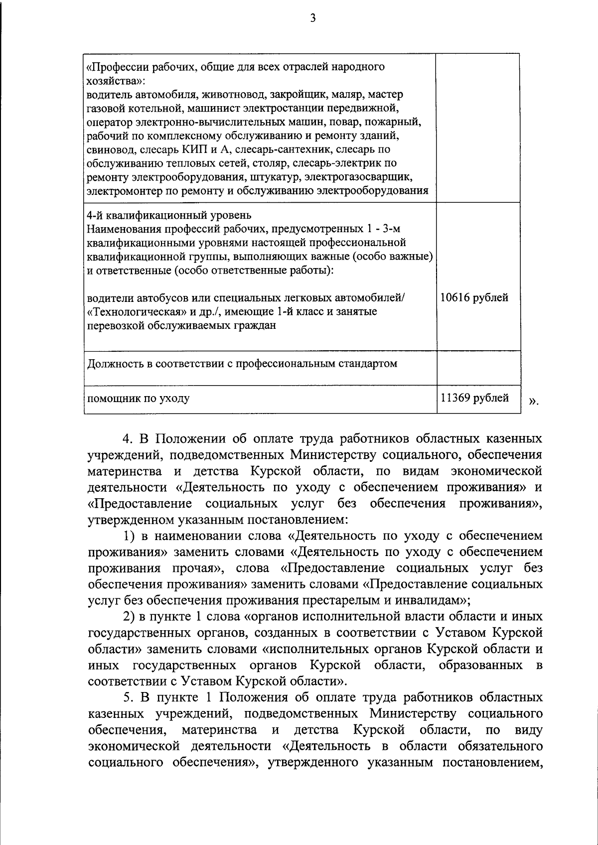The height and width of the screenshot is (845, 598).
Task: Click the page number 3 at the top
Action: point(312,19)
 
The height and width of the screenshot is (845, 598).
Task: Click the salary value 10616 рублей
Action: point(474,298)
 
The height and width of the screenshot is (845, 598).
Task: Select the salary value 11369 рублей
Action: point(474,398)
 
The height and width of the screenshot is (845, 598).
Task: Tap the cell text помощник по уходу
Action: point(138,399)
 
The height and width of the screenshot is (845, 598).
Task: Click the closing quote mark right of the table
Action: point(533,400)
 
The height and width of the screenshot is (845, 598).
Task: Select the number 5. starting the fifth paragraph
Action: point(128,697)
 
